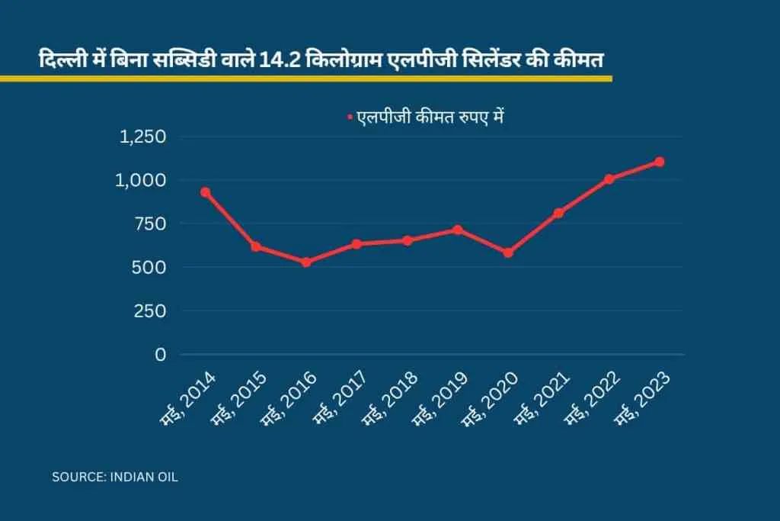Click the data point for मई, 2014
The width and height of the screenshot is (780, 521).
pos(205,192)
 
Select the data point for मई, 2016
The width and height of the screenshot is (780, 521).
pos(306,262)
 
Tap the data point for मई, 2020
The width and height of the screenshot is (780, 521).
pos(508,252)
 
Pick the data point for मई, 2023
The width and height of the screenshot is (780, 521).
pos(660,162)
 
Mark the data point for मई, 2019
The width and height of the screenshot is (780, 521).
pos(458,230)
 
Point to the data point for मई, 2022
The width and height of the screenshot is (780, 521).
pos(609,179)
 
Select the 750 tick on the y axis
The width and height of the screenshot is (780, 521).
pos(151,224)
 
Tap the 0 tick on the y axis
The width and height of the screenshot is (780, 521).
pos(160,355)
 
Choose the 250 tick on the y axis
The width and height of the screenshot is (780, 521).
pos(151,311)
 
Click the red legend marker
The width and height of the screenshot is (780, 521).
pos(350,117)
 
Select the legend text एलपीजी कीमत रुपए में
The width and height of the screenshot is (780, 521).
pos(431,117)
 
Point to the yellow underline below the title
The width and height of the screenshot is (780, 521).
pos(305,78)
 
